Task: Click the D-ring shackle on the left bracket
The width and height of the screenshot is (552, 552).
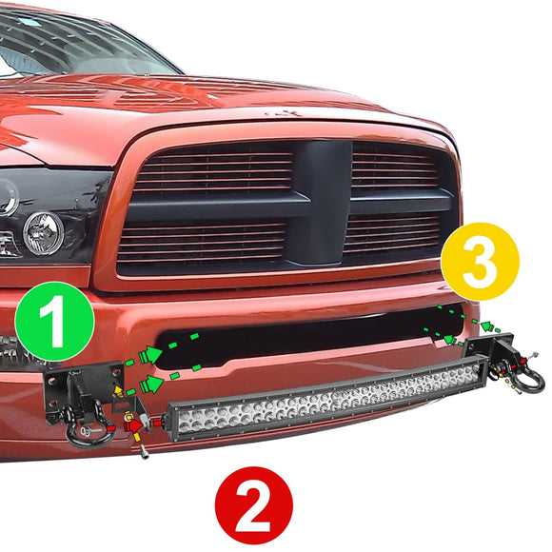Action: point(86,433)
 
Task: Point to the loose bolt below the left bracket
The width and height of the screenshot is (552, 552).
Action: point(143,448)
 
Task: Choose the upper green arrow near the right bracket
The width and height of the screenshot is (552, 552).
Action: point(489,326)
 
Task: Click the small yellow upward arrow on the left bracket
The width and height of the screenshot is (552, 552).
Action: point(117,390)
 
